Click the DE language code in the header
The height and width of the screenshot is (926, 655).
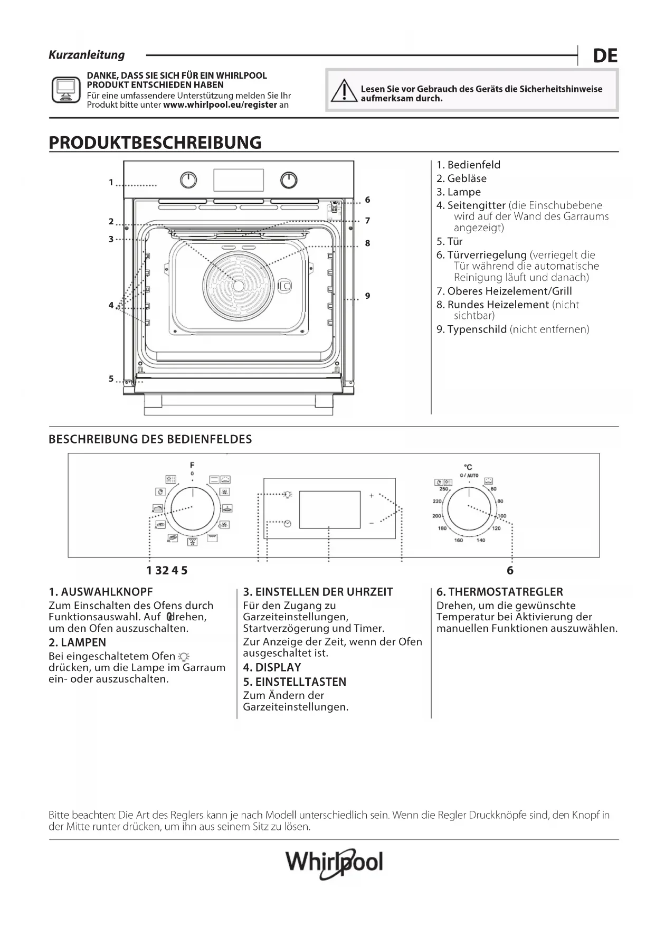[x=605, y=55]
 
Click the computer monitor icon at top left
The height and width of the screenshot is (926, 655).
[x=66, y=89]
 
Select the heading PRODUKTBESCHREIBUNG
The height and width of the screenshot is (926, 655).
[x=155, y=143]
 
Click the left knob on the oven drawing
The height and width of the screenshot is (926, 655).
[x=188, y=181]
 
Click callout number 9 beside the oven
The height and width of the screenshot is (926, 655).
[x=367, y=296]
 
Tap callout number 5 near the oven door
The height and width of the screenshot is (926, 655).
[x=111, y=379]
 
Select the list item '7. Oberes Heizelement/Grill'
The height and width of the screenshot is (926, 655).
[x=504, y=291]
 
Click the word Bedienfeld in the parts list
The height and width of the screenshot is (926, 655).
[x=473, y=165]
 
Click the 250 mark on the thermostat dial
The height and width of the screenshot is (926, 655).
[x=444, y=489]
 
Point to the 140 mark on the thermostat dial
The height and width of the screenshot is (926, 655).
[x=481, y=540]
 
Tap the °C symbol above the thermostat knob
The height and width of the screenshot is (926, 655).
[x=468, y=467]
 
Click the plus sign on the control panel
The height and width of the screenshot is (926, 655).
[x=372, y=496]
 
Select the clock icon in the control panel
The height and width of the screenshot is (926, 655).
[x=287, y=524]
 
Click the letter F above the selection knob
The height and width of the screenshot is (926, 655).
[x=192, y=465]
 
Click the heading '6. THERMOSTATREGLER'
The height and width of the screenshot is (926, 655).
[x=499, y=592]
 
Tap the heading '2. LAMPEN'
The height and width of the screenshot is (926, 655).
[x=77, y=642]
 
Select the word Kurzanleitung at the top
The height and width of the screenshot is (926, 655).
[x=87, y=55]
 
